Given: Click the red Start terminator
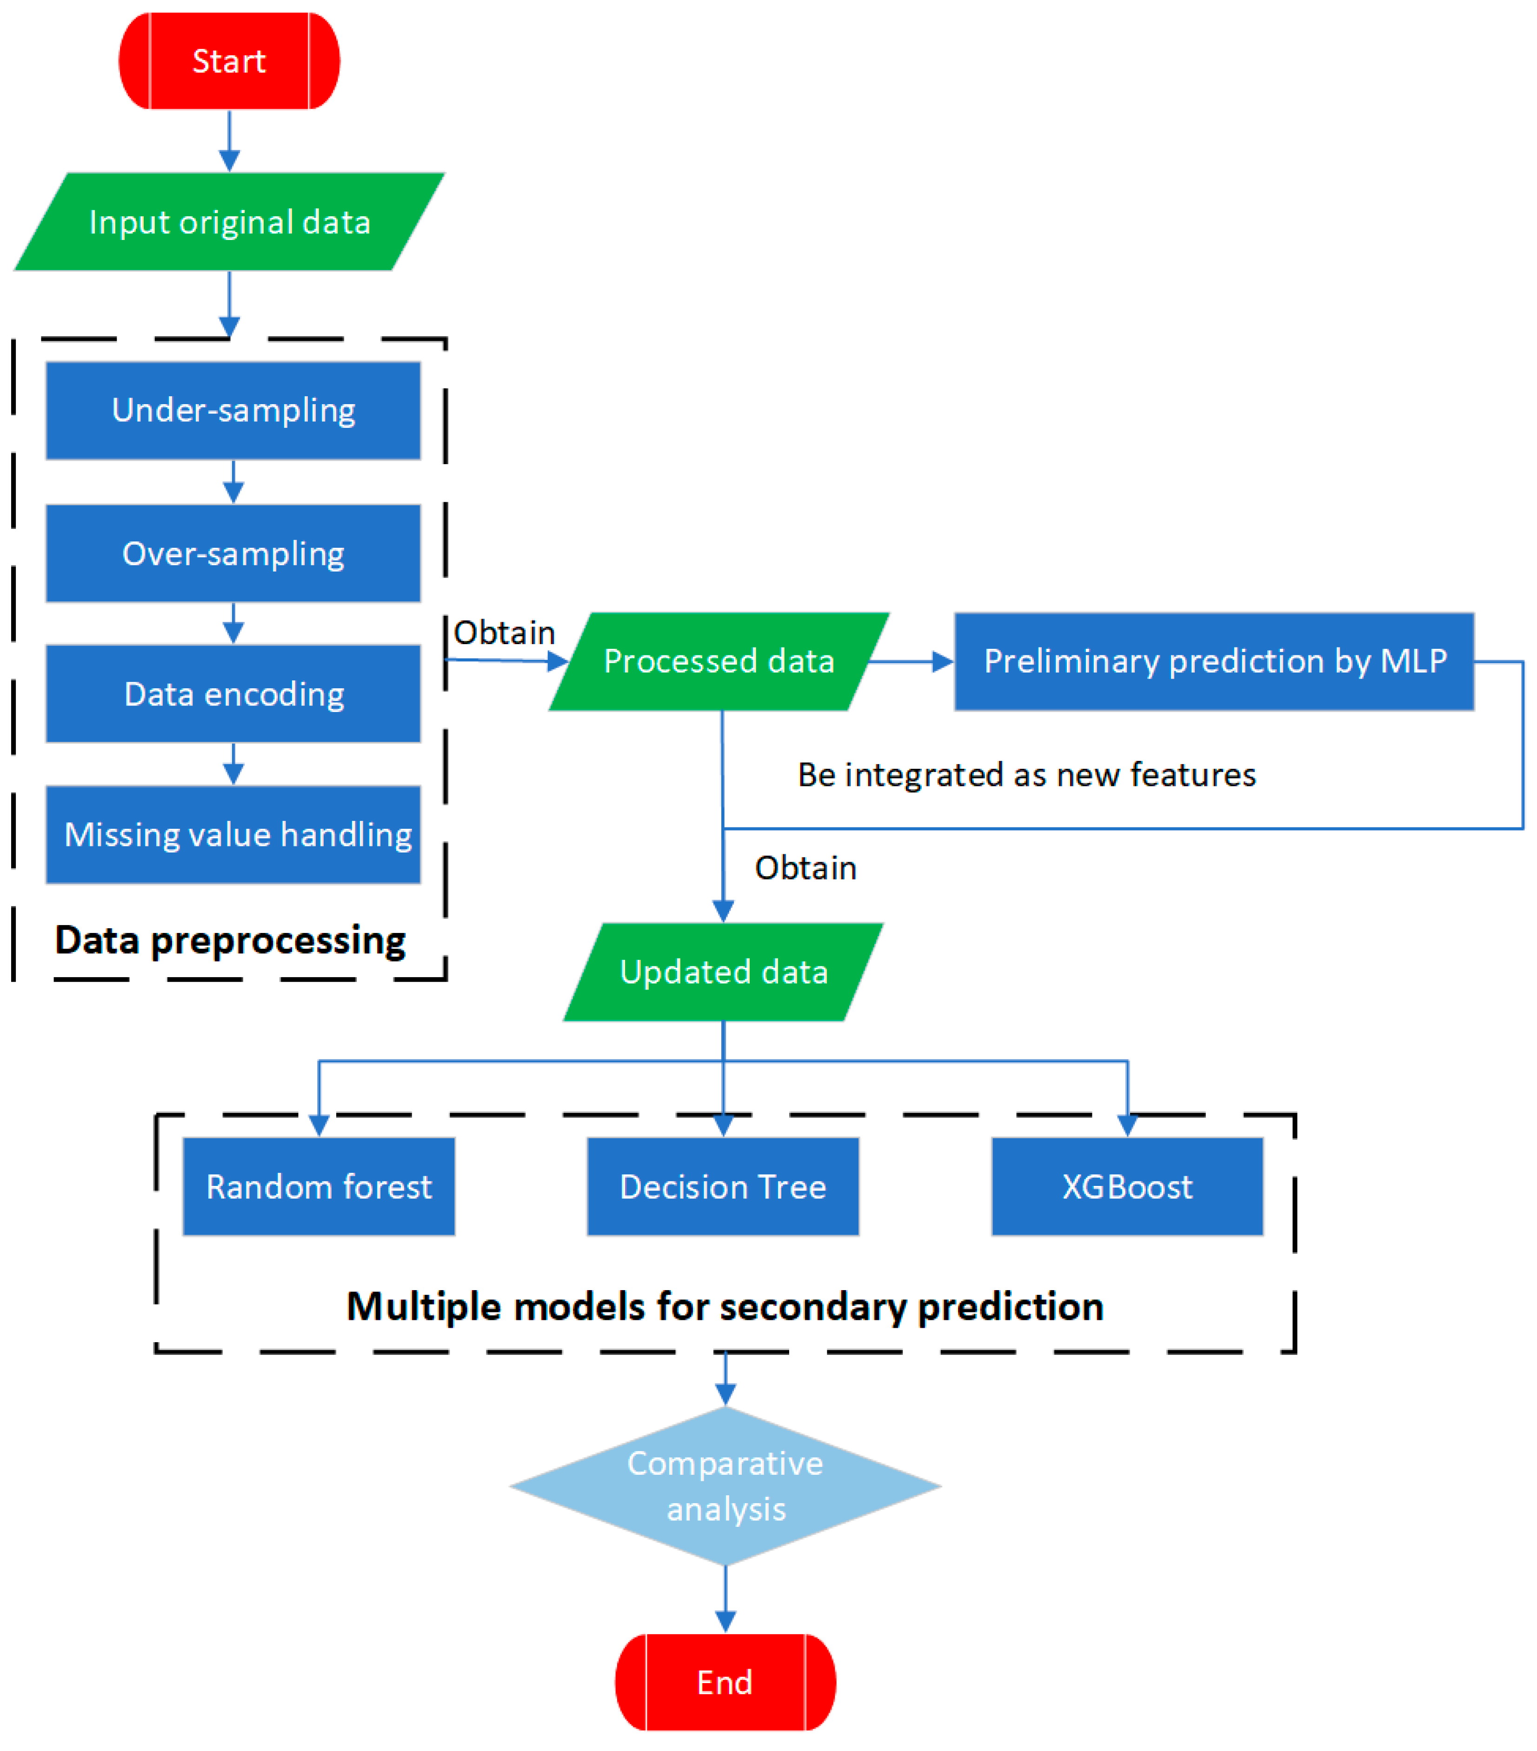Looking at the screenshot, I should click(229, 61).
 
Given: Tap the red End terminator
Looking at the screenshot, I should click(725, 1682).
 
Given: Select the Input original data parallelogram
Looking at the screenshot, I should click(229, 222).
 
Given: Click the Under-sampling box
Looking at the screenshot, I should click(233, 410).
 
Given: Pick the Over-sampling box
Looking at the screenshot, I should click(233, 553).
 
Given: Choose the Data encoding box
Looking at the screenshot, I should click(233, 694).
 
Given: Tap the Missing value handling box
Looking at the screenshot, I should click(233, 834).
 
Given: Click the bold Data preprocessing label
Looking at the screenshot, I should click(230, 940).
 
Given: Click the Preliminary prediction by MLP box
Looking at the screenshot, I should click(1213, 661).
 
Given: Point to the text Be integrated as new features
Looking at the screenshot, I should click(1025, 774).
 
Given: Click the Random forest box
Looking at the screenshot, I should click(319, 1186).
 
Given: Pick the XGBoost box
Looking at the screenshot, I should click(1127, 1186).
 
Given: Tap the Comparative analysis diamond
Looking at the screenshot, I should click(725, 1486).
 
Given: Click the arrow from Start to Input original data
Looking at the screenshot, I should click(229, 140).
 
